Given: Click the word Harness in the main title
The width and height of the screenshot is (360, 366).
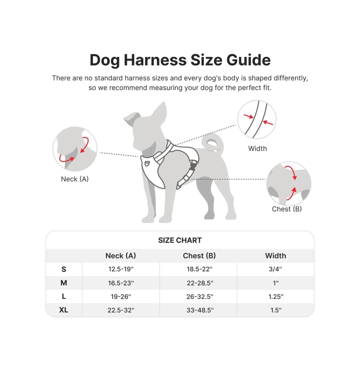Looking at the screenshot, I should pos(156,60).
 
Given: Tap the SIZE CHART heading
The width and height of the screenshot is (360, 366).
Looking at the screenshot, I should pos(180,240).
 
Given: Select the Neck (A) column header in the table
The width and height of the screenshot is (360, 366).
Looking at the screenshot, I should pos(121,256).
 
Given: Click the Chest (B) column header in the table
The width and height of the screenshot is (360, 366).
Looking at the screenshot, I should pos(199,256).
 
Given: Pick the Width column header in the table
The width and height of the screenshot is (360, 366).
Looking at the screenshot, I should pos(275,256).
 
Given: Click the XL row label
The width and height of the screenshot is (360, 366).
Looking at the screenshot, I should pos(64,310).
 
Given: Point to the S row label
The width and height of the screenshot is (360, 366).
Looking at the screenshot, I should pos(64,269).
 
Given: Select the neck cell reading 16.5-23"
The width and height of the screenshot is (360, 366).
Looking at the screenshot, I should pos(121,283).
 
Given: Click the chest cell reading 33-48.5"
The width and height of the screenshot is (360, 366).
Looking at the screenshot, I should pos(200,310).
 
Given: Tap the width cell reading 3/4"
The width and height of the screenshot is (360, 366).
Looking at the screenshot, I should pos(275,269).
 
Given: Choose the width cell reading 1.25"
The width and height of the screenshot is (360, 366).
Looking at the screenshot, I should pos(276,297).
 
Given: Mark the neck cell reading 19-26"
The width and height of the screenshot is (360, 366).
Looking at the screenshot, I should pos(121,297).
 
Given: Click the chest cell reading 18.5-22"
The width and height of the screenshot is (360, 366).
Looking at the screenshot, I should pos(199,269).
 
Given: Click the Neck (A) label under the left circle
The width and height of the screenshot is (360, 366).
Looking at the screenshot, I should pos(75,179).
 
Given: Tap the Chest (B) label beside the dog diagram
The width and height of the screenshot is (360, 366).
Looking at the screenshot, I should pos(286,209).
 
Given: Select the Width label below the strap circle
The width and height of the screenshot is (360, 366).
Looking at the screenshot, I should pos(257,149).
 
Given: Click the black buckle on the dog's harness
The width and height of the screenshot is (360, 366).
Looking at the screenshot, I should pos(193,166).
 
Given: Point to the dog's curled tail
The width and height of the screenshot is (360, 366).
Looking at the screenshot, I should pos(214,142).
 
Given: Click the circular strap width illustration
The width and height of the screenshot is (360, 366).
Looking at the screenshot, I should pos(257,120).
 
